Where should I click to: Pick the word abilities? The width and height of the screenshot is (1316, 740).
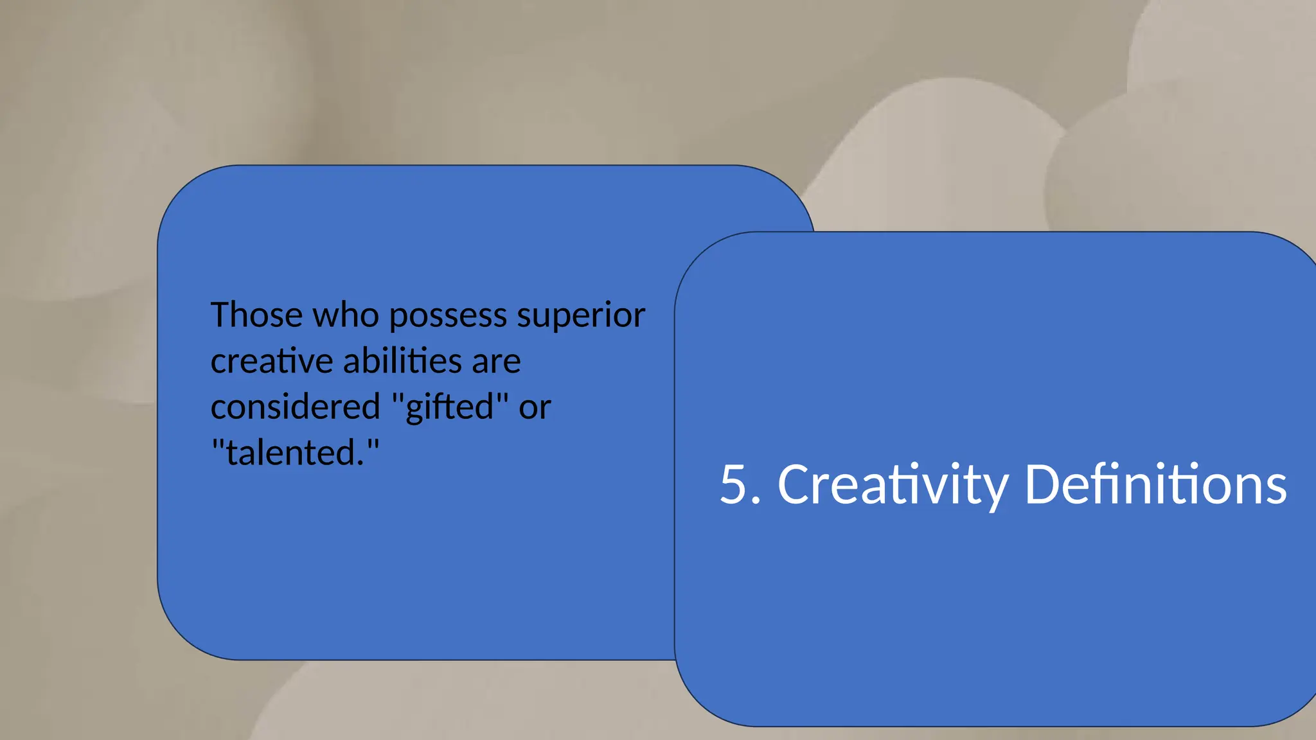[x=402, y=361]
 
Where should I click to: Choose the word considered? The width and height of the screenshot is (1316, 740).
[x=296, y=407]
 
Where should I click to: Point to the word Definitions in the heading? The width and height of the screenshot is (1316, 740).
[x=1155, y=484]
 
